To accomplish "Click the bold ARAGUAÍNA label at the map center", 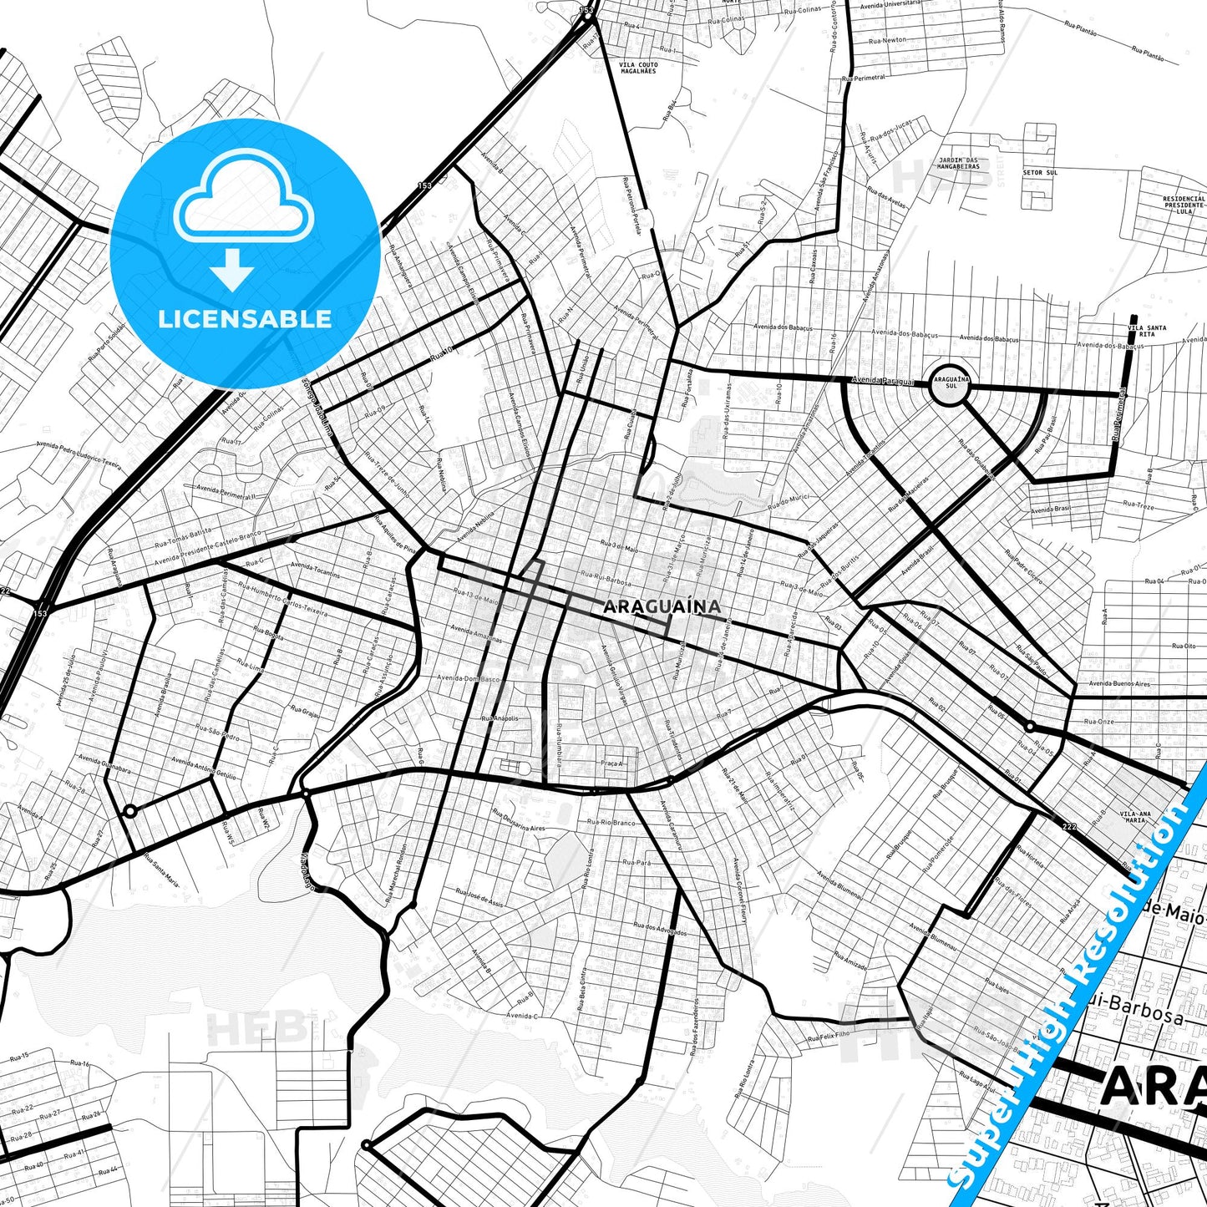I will tap(662, 606).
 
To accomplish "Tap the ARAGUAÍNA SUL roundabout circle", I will tap(951, 385).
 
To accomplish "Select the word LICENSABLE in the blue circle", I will tap(245, 318).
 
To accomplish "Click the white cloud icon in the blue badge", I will tap(243, 198).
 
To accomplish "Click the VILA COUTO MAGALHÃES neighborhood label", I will tap(639, 68).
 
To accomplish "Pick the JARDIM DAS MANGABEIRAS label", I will tap(959, 163).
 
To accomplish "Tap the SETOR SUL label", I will tap(1040, 173).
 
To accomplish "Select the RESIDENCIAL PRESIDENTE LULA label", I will tap(1184, 205).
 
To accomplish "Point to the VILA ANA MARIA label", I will tap(1135, 817).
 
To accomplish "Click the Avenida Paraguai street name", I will tap(884, 381).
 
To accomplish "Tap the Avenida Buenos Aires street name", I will tap(1119, 684).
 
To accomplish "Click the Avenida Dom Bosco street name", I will tap(469, 679).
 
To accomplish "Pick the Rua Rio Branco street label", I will tap(611, 823).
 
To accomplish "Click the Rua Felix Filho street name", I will tap(829, 1037).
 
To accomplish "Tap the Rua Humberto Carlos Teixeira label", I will tap(283, 599).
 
